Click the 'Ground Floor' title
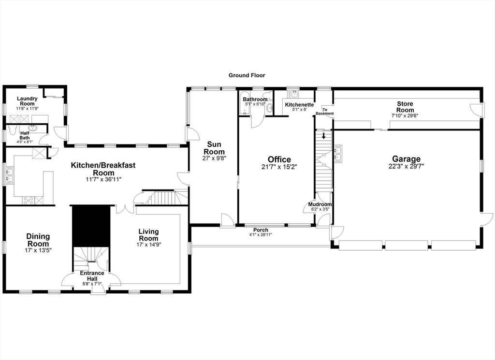tap(247, 75)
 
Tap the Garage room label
tap(406, 159)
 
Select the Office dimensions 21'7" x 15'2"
tap(279, 167)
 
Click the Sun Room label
tap(214, 148)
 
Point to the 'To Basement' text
tap(324, 112)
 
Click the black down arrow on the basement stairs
tap(323, 136)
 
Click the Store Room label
tap(405, 107)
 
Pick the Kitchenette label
tap(299, 105)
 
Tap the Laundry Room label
tap(27, 101)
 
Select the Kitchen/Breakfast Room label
tap(103, 169)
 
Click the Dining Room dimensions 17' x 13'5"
tap(38, 250)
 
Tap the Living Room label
tap(148, 235)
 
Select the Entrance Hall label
tap(92, 275)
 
